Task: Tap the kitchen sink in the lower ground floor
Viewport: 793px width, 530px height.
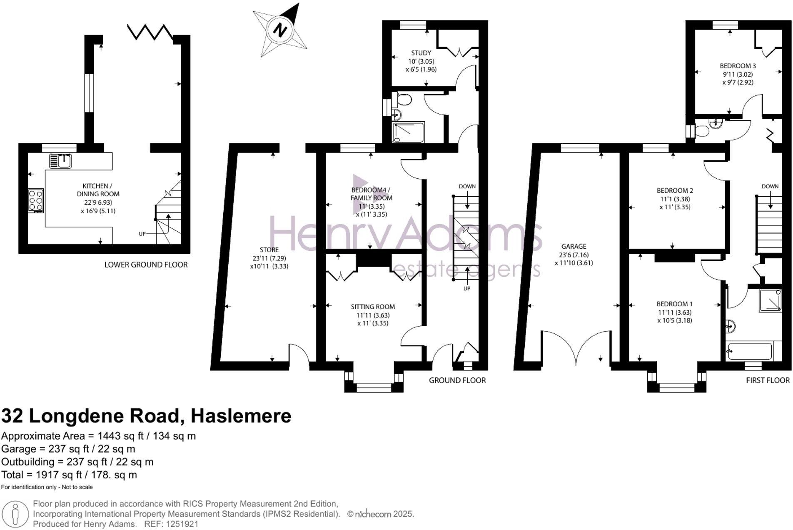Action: click(61, 161)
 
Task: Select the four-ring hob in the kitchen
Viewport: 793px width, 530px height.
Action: click(36, 200)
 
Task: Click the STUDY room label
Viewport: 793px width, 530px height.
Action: click(421, 53)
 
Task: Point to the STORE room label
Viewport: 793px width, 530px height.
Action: click(269, 250)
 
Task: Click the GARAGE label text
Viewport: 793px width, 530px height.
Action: click(573, 246)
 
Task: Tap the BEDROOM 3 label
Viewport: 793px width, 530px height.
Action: click(738, 66)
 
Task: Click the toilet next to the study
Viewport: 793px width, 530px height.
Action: click(403, 100)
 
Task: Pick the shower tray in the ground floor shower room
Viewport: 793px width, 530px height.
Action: click(408, 132)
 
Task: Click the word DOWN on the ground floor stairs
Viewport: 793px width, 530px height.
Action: click(467, 186)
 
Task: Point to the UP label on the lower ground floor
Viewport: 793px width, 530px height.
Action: click(142, 234)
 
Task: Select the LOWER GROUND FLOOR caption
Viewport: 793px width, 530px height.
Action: click(146, 265)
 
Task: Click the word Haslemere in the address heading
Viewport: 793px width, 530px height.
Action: click(241, 416)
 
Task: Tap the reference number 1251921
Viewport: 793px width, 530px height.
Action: click(182, 524)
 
